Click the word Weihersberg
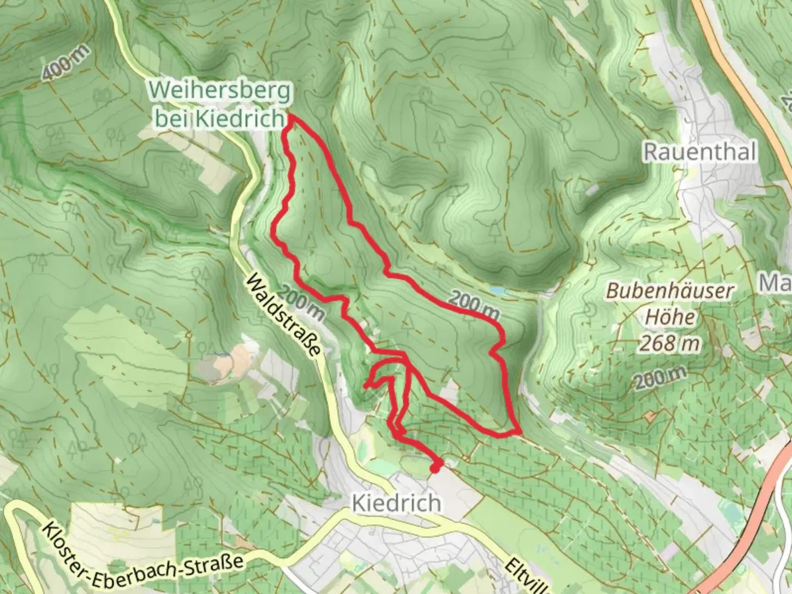[x=219, y=91]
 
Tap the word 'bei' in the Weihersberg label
[x=172, y=118]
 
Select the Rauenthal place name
[x=700, y=152]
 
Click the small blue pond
[x=497, y=290]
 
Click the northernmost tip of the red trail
[x=289, y=117]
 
